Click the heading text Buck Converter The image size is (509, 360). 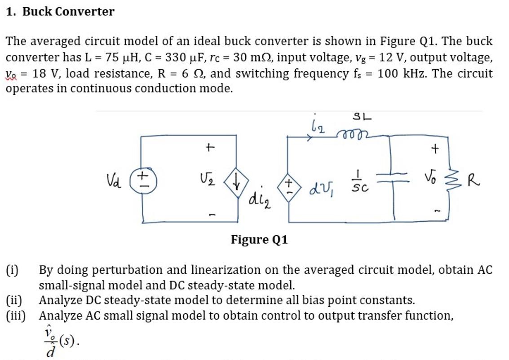pos(68,12)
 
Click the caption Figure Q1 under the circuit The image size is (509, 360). pos(259,240)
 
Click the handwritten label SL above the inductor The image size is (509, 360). pos(362,117)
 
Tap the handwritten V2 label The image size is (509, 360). pos(208,181)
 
